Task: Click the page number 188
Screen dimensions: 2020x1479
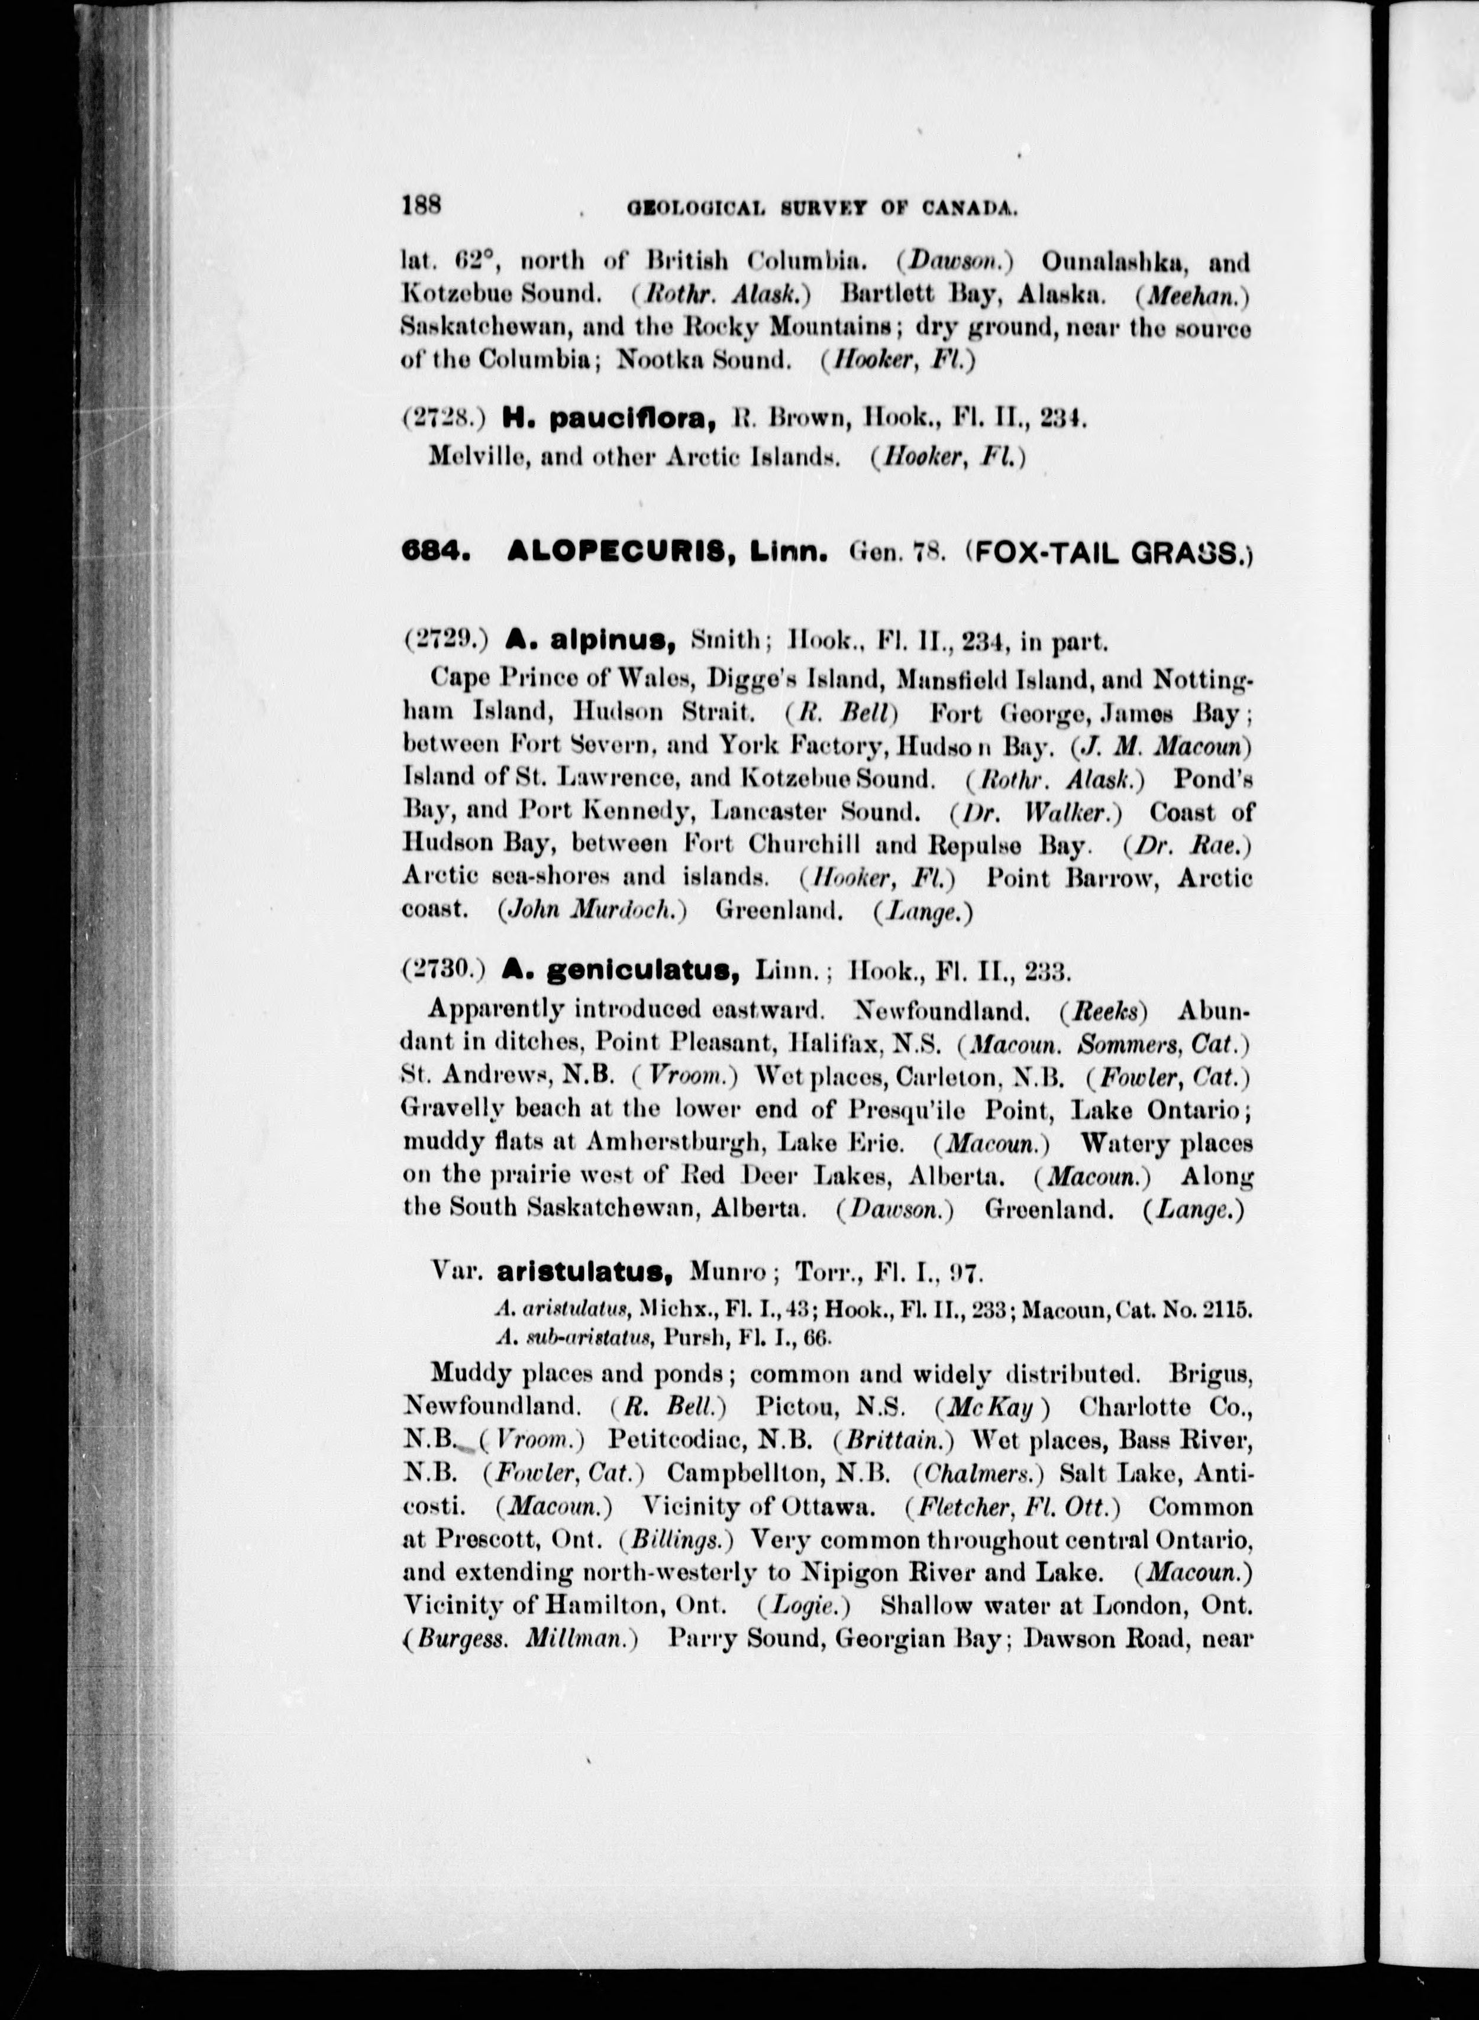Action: [422, 205]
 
